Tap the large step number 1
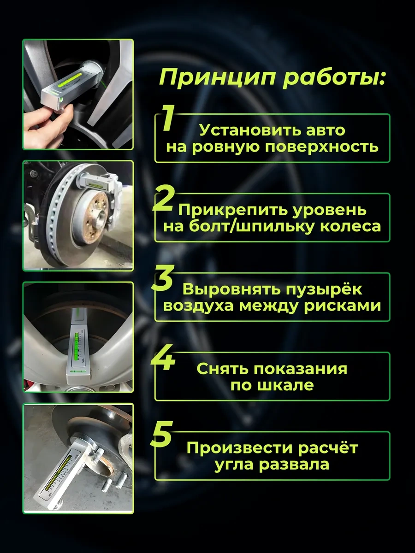[x=167, y=118]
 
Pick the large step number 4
[x=163, y=357]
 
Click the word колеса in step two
[x=346, y=226]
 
